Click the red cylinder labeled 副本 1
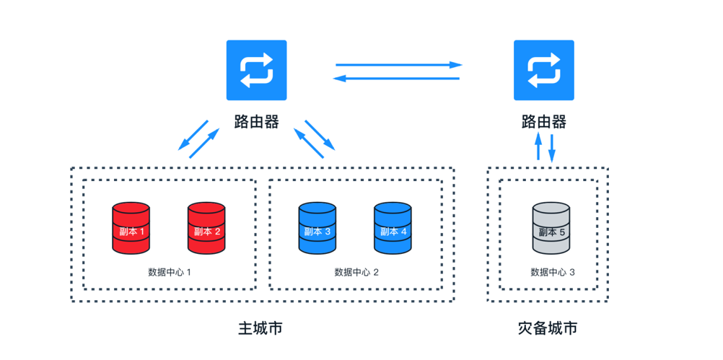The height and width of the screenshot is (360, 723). (131, 228)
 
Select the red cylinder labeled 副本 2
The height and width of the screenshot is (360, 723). (206, 228)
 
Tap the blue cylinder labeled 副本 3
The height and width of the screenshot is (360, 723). (317, 228)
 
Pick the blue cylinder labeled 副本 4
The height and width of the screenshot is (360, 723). (393, 228)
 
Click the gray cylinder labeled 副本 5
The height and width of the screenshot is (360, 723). (551, 228)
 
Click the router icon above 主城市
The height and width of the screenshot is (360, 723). (256, 70)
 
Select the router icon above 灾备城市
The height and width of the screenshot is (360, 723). (543, 70)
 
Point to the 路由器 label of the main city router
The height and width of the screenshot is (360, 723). (256, 121)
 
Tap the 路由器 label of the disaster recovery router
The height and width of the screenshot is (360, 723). (543, 121)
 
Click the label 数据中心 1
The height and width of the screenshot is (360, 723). (169, 273)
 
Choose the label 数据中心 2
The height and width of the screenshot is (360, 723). (356, 273)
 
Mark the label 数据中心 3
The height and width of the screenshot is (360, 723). (553, 273)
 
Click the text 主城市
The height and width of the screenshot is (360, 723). (260, 328)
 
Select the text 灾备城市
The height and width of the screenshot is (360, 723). (548, 328)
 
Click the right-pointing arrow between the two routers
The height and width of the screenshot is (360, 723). (398, 65)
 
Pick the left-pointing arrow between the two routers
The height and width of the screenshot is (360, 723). (398, 77)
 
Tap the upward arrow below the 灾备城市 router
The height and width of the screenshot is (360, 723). (538, 147)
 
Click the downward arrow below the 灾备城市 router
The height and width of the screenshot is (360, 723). (552, 147)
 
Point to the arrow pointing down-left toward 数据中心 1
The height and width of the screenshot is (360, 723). (193, 136)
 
